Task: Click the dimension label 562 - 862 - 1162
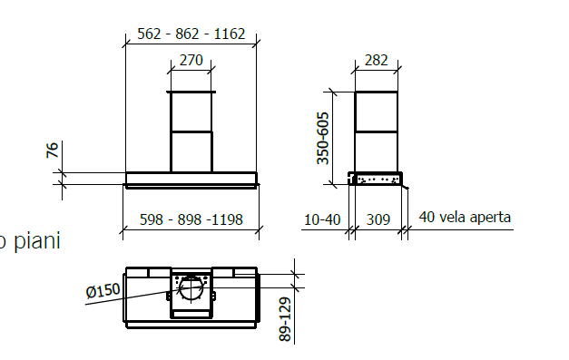coord(191,34)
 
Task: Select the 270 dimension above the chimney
coord(191,61)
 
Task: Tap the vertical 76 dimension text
coord(53,151)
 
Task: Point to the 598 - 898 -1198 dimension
coord(191,219)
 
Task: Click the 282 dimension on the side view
coord(375,61)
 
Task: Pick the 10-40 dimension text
coord(323,219)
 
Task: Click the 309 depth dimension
coord(377,219)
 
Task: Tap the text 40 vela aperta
coord(465,218)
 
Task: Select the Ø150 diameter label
coord(103,291)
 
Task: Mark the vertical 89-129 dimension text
coord(285,320)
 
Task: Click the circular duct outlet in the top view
coord(191,290)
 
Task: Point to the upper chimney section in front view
coord(191,112)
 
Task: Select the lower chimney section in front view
coord(191,151)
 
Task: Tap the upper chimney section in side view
coord(375,112)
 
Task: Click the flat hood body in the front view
coord(191,179)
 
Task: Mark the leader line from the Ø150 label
coord(136,297)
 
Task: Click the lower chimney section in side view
coord(375,151)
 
